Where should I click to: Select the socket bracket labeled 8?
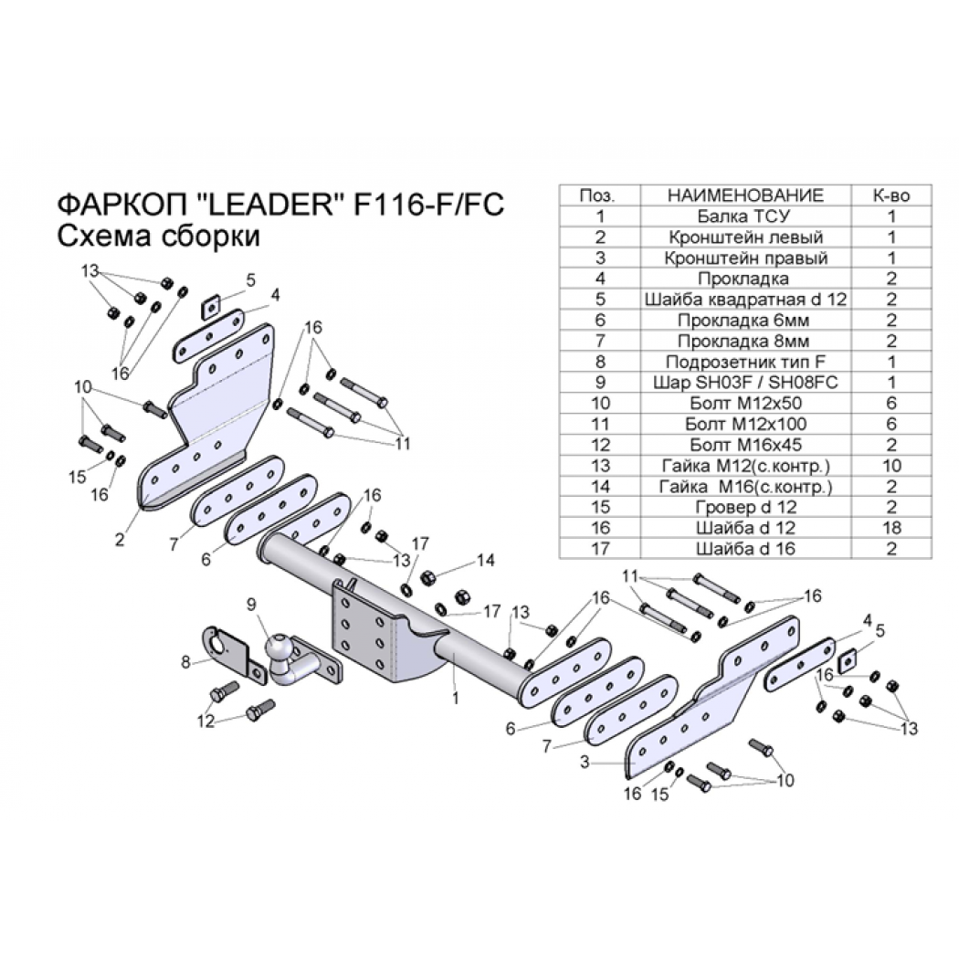coord(227,652)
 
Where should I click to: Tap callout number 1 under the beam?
coord(456,698)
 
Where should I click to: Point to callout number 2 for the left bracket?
coord(120,539)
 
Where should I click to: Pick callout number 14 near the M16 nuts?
coord(486,560)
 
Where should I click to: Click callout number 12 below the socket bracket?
coord(206,722)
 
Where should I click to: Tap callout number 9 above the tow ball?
coord(252,605)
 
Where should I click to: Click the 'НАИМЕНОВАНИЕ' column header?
coord(745,195)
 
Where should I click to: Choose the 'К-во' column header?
coord(891,195)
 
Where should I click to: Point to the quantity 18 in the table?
coord(891,528)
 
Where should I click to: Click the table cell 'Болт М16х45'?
coord(745,445)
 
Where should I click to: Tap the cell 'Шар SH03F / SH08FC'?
coord(745,383)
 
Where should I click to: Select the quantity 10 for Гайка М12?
coord(891,466)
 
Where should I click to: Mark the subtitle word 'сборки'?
coord(210,236)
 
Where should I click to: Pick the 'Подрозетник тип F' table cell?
coord(745,362)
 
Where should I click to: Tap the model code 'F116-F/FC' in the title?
coord(429,204)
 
